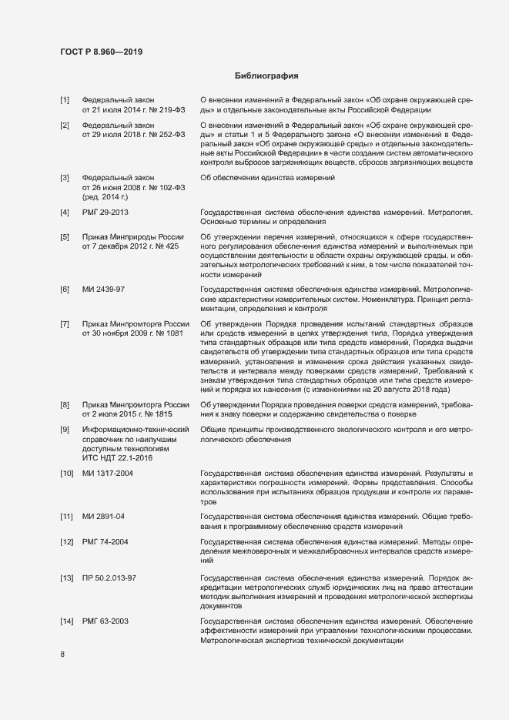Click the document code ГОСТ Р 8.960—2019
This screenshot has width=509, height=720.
(x=101, y=52)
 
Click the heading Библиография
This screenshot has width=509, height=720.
(x=266, y=76)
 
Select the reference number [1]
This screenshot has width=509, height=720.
(x=65, y=100)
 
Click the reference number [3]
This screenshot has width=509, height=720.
(x=65, y=178)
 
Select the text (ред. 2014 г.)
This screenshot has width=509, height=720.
(x=105, y=198)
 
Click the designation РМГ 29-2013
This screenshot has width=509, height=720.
(x=106, y=212)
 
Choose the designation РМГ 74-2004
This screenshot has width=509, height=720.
(x=106, y=543)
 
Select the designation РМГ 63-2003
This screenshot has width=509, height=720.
(x=106, y=621)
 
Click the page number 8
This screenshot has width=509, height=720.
(x=62, y=655)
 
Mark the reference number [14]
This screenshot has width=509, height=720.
(x=66, y=621)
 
